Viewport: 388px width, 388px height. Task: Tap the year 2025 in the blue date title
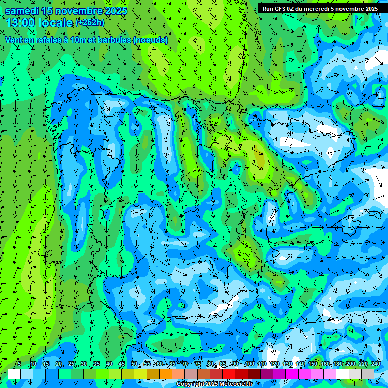point(113,11)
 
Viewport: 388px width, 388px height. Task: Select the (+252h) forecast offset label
point(89,23)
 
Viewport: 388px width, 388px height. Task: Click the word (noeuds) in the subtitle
point(150,40)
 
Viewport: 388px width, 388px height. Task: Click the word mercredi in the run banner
point(316,9)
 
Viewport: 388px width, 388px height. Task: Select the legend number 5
point(19,364)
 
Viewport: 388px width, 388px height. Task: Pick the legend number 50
point(134,364)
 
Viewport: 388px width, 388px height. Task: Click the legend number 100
point(249,364)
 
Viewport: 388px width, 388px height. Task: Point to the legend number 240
point(376,364)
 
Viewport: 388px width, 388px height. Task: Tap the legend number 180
point(337,364)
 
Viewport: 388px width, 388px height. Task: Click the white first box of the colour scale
point(14,374)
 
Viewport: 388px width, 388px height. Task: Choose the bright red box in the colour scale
point(229,374)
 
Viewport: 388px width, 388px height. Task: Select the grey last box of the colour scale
point(368,374)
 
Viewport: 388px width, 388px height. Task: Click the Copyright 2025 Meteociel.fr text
point(215,384)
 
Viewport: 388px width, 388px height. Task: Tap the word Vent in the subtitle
point(14,40)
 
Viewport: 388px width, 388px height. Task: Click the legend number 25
point(71,364)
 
